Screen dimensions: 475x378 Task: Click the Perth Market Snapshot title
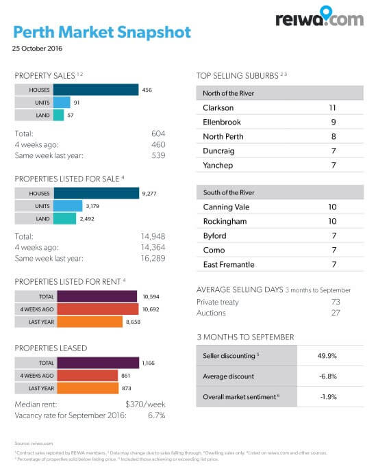point(102,32)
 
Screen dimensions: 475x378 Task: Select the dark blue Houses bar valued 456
point(95,90)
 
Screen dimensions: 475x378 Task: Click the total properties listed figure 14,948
point(151,237)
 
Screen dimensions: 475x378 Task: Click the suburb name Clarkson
point(218,108)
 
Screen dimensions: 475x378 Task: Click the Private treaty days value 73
point(336,301)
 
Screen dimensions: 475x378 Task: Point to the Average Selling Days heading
point(239,290)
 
